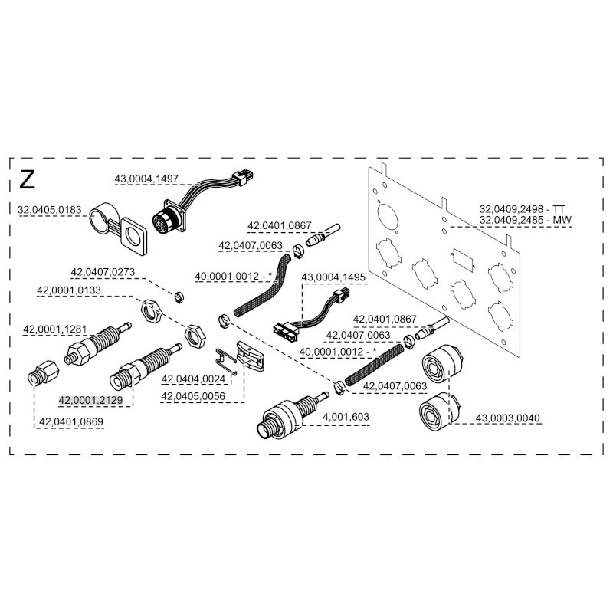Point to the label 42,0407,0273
coord(103,272)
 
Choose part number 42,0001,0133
coord(70,290)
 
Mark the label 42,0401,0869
coord(70,421)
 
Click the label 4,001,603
coord(347,416)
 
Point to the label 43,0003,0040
coord(508,418)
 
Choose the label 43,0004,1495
coord(334,277)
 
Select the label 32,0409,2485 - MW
coord(526,220)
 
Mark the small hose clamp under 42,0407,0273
coord(177,297)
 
